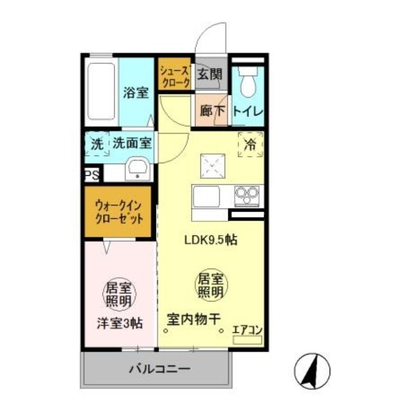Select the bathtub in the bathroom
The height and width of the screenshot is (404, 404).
click(102, 91)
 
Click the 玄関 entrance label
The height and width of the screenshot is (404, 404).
click(209, 75)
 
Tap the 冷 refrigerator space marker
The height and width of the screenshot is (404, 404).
click(250, 144)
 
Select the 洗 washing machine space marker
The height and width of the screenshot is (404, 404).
click(96, 143)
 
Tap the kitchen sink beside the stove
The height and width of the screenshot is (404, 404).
click(206, 196)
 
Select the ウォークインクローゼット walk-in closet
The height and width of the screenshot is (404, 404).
click(118, 212)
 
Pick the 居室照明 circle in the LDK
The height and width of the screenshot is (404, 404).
click(211, 285)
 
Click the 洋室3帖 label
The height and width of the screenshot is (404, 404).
click(119, 324)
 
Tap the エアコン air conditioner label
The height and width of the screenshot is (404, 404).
click(246, 330)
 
